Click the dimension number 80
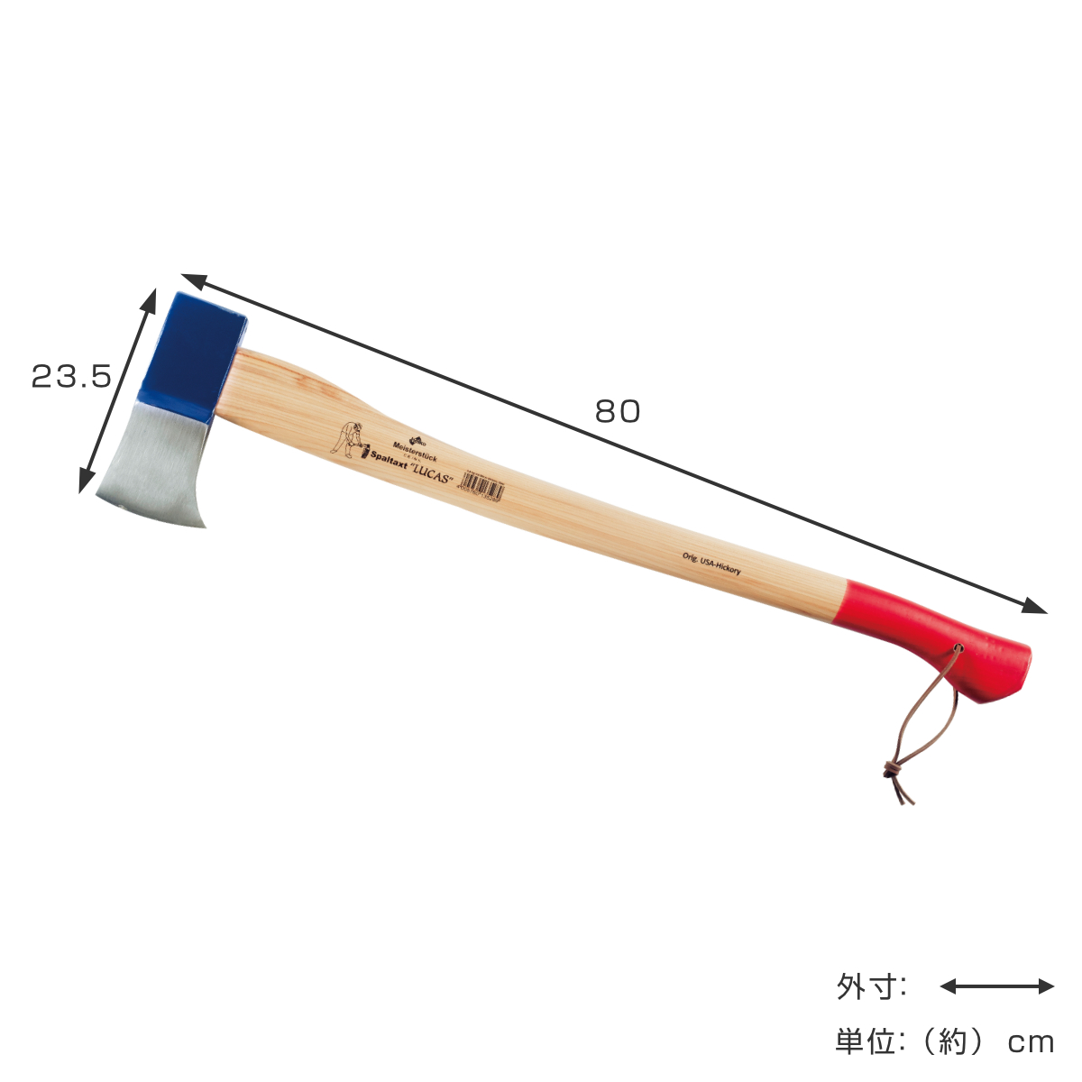tap(617, 411)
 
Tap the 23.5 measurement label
tap(71, 376)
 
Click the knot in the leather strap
tap(891, 769)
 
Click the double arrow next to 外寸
tap(996, 986)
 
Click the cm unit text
tap(1031, 1043)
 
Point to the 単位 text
tap(869, 1043)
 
